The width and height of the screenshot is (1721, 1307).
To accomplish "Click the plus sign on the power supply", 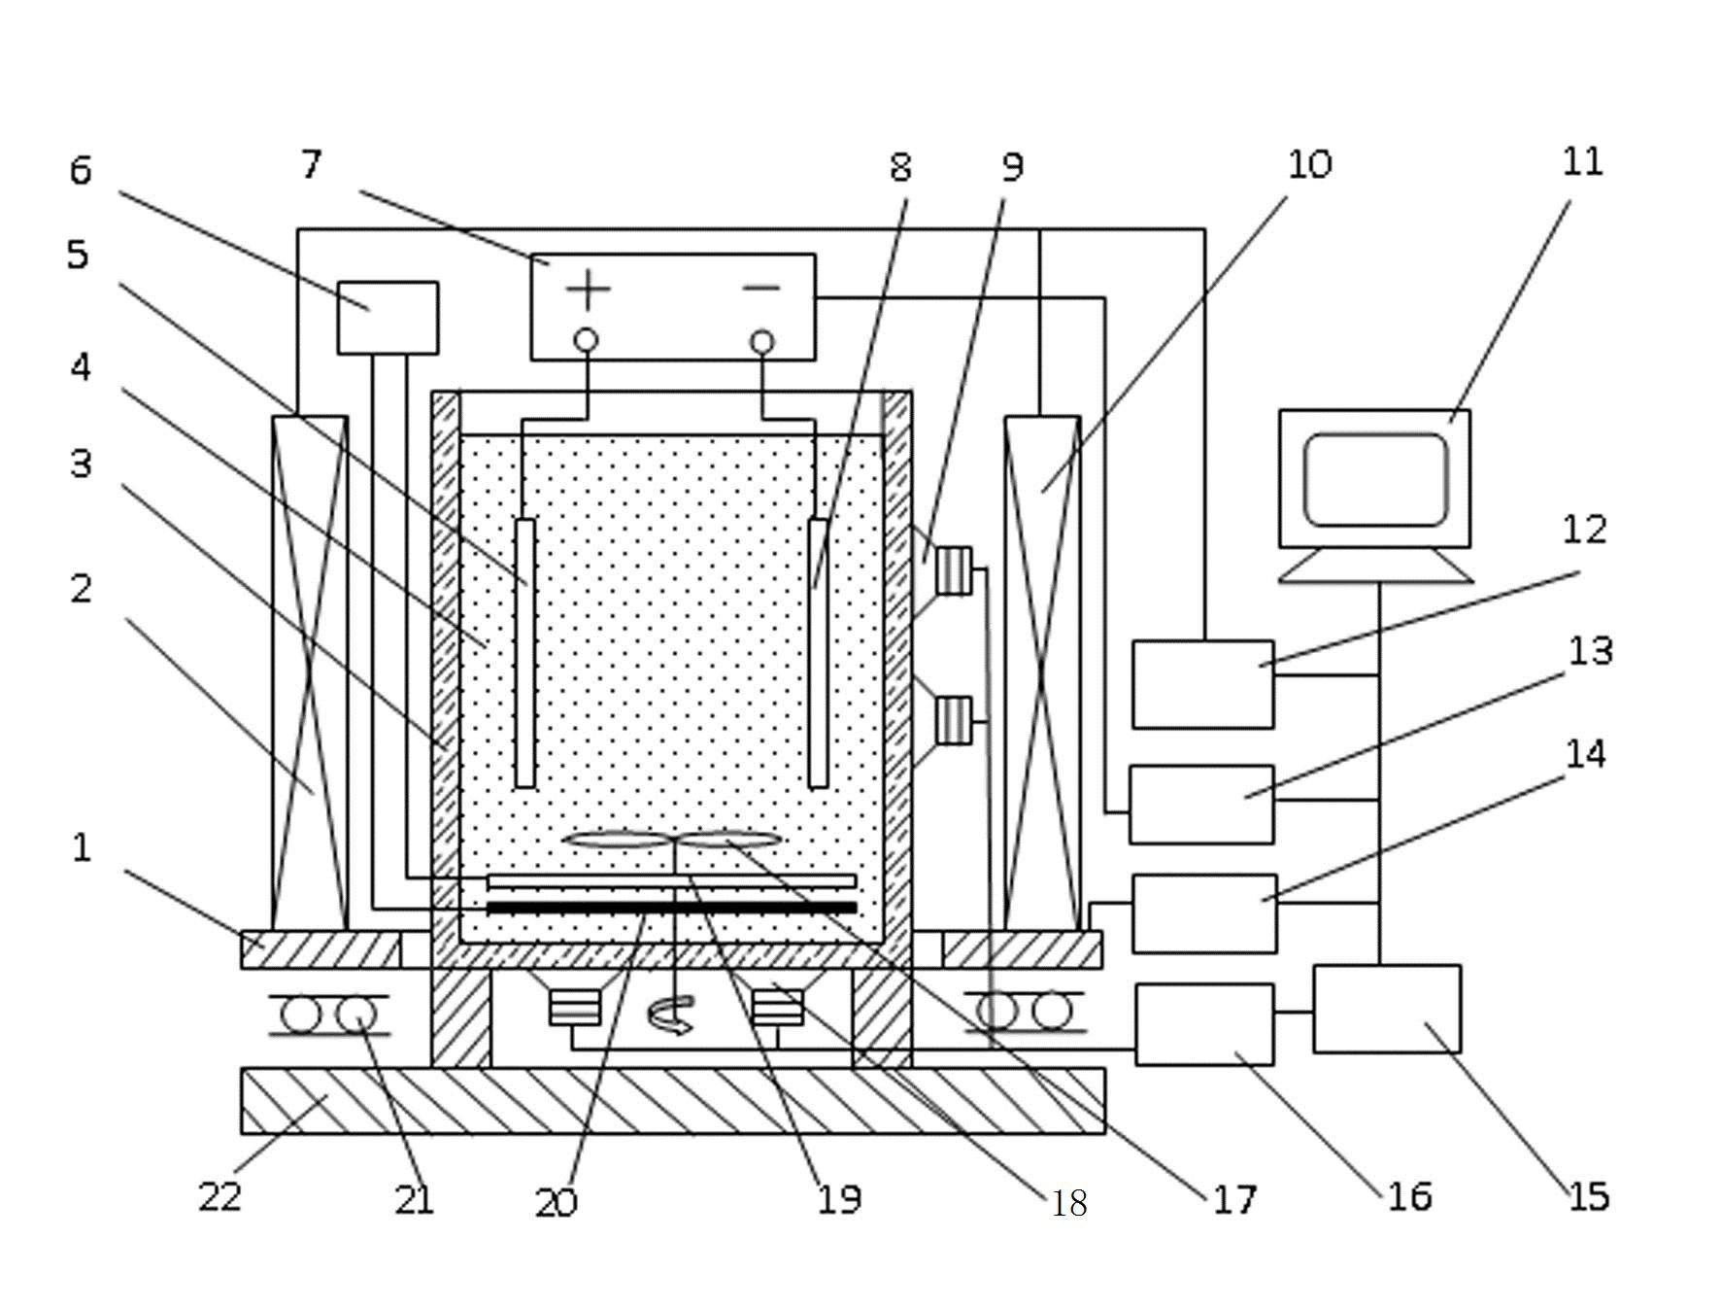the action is click(588, 290).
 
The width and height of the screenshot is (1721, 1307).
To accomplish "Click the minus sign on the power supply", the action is click(761, 288).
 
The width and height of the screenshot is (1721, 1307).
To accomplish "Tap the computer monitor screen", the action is click(1375, 480).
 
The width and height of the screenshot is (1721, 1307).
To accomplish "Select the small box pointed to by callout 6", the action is click(388, 318).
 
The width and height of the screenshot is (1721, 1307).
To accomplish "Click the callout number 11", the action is click(1582, 161).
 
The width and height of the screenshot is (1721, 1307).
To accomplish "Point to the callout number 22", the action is click(219, 1196).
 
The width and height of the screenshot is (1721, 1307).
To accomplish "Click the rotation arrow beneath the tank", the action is click(671, 1015).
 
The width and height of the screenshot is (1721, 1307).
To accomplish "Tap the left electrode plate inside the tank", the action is click(524, 653).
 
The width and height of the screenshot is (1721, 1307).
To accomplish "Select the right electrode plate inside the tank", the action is click(818, 653).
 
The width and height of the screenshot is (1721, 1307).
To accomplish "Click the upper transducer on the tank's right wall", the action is click(954, 570).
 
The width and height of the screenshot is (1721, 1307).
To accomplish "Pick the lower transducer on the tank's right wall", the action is click(954, 720).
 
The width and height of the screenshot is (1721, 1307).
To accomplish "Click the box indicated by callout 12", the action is click(1203, 684).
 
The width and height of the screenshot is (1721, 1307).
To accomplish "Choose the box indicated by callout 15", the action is click(1387, 1009).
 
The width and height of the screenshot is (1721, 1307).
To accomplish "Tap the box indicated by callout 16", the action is click(1204, 1024).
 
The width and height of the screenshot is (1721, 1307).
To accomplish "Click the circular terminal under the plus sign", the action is click(586, 340).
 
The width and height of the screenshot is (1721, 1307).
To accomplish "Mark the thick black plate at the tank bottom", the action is click(671, 908).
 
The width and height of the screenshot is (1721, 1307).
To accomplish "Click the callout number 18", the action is click(1069, 1204).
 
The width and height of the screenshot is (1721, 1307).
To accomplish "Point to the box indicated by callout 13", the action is click(1201, 805).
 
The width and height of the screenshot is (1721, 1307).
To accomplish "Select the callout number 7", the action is click(311, 164).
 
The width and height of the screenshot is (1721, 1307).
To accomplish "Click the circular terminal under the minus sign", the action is click(762, 342).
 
